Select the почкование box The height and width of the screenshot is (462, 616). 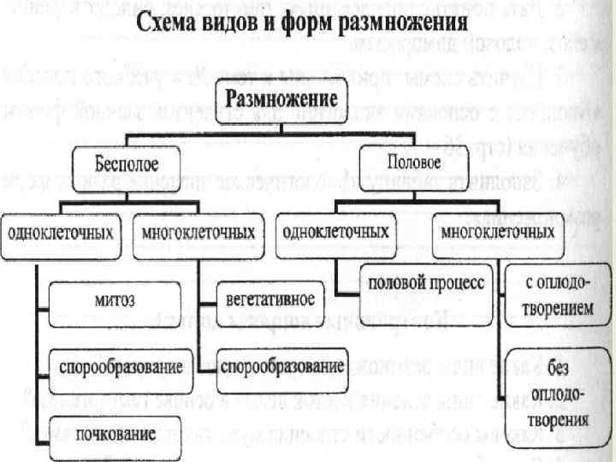pos(110,434)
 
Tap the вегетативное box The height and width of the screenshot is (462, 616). pos(269,299)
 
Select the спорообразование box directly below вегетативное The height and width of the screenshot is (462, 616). pos(281,366)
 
